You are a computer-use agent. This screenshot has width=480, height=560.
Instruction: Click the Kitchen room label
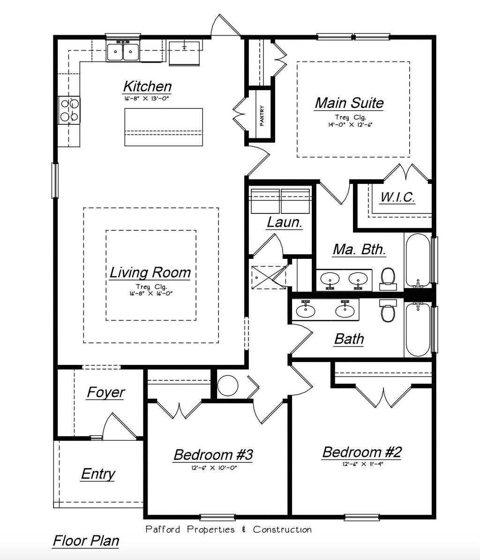click(x=147, y=87)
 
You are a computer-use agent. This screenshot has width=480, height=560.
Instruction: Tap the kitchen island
click(x=164, y=127)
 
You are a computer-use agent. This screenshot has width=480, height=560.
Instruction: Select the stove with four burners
click(x=69, y=110)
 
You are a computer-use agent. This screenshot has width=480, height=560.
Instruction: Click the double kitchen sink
click(x=123, y=52)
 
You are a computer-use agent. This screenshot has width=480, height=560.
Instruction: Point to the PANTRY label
click(x=262, y=115)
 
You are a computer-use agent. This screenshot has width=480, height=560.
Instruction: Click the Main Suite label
click(x=349, y=103)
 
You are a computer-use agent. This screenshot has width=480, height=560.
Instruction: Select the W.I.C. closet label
click(x=397, y=197)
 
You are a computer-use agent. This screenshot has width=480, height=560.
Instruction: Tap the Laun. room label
click(x=284, y=222)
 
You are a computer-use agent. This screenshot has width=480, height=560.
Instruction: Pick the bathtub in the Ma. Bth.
click(x=417, y=261)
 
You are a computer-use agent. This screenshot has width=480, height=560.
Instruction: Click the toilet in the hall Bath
click(x=388, y=311)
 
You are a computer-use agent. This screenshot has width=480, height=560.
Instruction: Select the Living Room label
click(x=150, y=272)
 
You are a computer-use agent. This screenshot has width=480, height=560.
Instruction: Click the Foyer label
click(x=105, y=392)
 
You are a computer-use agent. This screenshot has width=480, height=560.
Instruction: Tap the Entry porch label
click(x=98, y=474)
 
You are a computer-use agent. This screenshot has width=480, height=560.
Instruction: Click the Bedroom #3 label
click(x=213, y=454)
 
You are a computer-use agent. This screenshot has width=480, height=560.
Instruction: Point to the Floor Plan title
click(x=85, y=541)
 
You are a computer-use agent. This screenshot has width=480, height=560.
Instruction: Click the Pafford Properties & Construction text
click(x=228, y=530)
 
